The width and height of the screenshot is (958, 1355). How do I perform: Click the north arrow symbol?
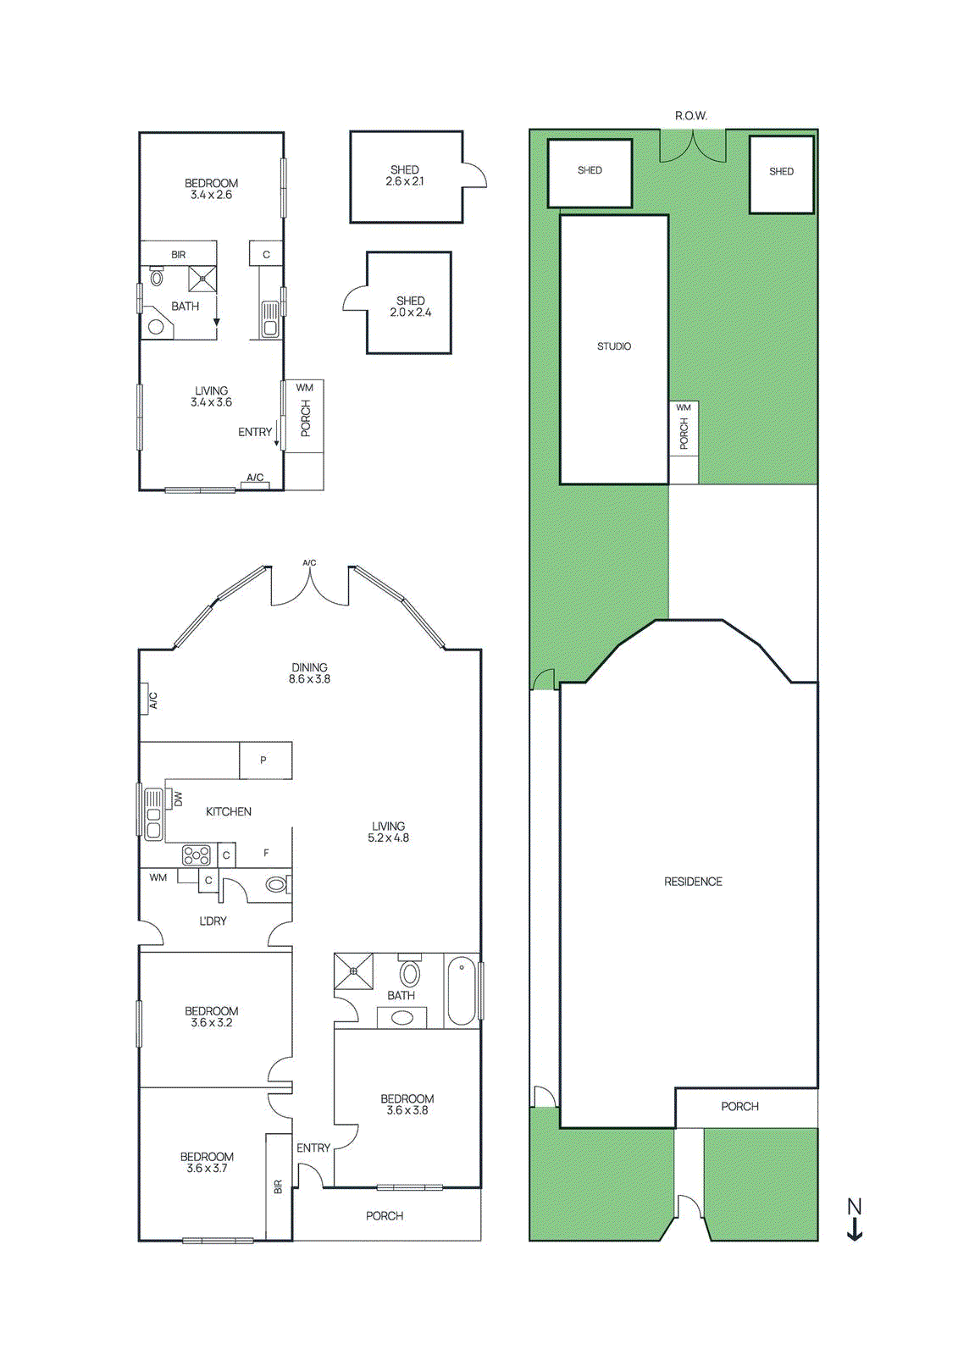855,1219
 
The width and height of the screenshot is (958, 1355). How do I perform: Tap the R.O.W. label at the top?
690,115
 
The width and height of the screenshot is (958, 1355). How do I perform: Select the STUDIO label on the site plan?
614,346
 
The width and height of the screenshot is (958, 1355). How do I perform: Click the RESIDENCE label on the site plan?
693,882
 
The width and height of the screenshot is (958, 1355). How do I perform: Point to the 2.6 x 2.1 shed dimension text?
405,182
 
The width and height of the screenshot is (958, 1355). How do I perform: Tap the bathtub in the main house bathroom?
462,990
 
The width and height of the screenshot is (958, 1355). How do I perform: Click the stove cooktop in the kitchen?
197,855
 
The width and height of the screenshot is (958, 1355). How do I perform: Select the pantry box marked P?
264,760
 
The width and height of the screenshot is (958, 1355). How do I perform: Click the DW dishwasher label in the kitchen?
178,799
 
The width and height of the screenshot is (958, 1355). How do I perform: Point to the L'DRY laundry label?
213,921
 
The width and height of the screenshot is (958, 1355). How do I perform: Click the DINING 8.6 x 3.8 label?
309,673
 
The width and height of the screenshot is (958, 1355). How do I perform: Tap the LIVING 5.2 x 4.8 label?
388,832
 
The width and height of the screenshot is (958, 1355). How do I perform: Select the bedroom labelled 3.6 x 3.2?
212,1016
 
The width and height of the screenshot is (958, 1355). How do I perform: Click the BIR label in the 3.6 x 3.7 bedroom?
278,1186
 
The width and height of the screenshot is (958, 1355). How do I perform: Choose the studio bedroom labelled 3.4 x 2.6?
211,189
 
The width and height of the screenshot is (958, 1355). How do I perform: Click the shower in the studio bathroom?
202,279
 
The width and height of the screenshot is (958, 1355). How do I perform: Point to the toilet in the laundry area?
276,885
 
